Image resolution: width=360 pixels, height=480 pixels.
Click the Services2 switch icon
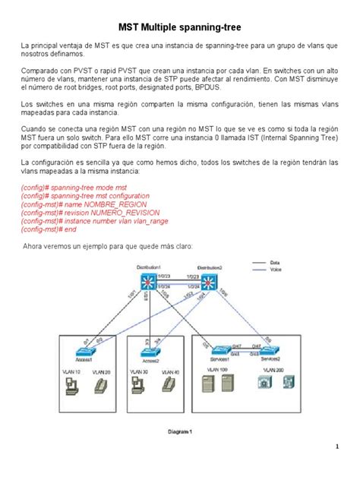[267, 351]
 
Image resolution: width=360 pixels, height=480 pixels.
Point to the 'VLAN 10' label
[70, 372]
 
